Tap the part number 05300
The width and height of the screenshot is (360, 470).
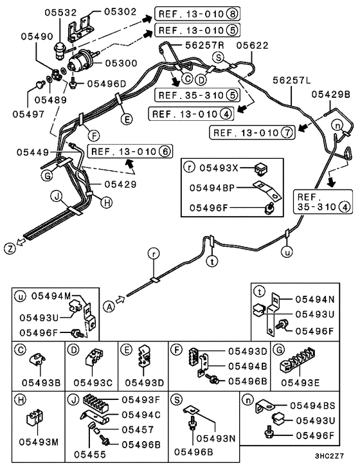coord(120,63)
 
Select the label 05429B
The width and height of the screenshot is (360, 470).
coord(332,94)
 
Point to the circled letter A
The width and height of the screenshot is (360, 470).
coord(110,307)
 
